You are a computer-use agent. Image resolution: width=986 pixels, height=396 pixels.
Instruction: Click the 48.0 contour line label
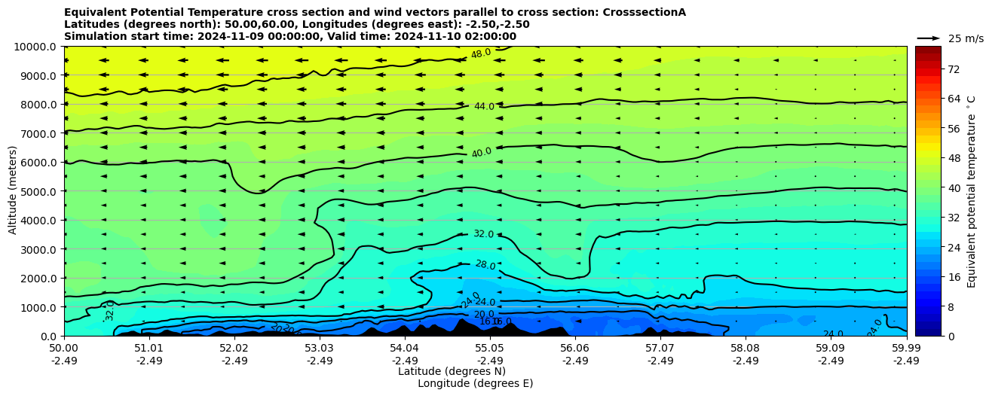(x=481, y=53)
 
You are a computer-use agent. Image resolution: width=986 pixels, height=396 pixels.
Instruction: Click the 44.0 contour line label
(x=484, y=107)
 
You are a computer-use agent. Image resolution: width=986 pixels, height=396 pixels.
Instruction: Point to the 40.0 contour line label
(x=482, y=153)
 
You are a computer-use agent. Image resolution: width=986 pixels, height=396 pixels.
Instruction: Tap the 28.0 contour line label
(x=485, y=264)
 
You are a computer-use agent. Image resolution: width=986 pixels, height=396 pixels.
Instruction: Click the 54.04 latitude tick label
(x=405, y=349)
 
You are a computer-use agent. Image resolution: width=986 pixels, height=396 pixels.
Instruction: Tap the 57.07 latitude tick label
(x=660, y=349)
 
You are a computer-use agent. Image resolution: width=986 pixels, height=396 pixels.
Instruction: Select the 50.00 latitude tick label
(x=64, y=349)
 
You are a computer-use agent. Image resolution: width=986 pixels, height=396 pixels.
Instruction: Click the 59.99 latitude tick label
(x=906, y=349)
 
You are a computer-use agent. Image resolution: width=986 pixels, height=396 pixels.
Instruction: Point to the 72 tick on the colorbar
(x=953, y=69)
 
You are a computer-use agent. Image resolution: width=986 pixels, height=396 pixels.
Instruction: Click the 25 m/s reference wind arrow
(x=929, y=38)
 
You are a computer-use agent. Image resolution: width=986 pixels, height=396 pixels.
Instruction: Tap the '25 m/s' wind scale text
(x=966, y=38)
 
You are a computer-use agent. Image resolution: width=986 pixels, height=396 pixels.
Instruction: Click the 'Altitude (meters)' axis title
(x=13, y=191)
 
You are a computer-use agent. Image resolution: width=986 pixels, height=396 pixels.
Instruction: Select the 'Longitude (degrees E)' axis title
(x=475, y=383)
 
